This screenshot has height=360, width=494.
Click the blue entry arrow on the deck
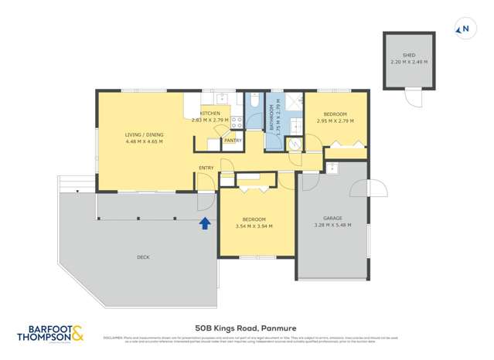(x=205, y=223)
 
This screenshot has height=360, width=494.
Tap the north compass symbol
(x=464, y=29)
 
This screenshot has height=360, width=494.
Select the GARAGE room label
(x=332, y=218)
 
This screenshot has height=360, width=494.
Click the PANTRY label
(x=233, y=141)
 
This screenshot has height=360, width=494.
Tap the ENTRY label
(x=206, y=168)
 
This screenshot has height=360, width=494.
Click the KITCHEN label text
(x=210, y=114)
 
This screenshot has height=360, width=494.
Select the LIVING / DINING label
(x=144, y=135)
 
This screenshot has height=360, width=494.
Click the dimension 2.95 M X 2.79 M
(x=336, y=121)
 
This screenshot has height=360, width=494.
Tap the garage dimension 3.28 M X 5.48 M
(x=332, y=225)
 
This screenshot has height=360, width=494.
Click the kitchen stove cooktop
(x=237, y=122)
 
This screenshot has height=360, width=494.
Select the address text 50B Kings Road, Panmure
(x=247, y=328)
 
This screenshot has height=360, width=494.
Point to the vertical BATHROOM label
(x=273, y=121)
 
